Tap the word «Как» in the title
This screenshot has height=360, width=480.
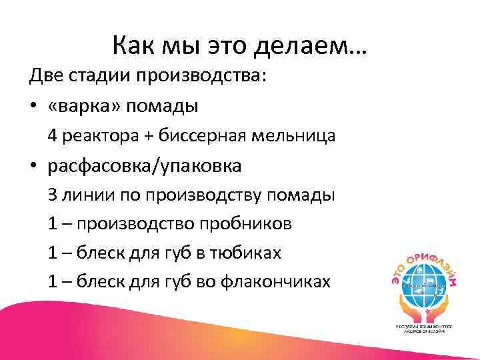point(135,46)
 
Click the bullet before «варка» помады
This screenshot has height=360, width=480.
point(33,107)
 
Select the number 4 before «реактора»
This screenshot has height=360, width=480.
point(53,136)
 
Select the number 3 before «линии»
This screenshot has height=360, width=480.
point(53,195)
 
